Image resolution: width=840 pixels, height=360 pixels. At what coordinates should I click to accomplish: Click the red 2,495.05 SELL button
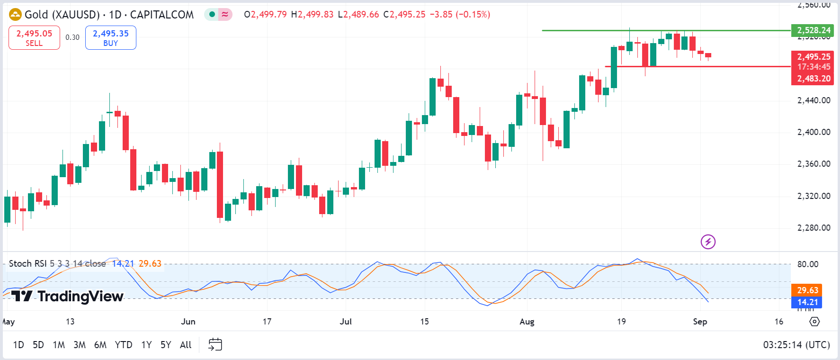point(34,37)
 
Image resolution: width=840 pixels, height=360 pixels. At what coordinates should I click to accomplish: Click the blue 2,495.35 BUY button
point(110,37)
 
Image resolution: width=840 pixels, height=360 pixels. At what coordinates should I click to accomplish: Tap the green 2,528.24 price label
point(813,30)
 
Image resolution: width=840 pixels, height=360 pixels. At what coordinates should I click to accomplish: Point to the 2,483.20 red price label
point(813,79)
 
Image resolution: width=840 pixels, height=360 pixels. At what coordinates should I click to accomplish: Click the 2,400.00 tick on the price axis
point(813,132)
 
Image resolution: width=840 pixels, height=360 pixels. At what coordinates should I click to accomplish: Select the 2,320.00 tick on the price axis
point(813,196)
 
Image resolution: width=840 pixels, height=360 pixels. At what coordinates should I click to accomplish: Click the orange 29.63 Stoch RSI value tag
point(807,290)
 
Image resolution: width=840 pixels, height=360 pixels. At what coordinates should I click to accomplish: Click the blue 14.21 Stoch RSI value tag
point(807,302)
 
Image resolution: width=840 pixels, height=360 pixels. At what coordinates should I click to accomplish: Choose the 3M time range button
point(79,345)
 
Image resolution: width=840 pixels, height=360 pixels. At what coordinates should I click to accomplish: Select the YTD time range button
point(123,345)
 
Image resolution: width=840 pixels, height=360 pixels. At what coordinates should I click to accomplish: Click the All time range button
point(186,345)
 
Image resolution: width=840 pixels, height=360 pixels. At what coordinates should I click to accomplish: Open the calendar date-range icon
point(215,344)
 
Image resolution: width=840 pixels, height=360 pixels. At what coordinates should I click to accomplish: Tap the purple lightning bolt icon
point(708,242)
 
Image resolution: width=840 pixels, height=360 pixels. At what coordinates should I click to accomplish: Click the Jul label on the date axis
point(346,322)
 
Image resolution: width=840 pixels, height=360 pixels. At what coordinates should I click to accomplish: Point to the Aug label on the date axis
point(527,322)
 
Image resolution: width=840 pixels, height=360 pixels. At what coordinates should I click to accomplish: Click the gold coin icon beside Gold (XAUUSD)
point(15,15)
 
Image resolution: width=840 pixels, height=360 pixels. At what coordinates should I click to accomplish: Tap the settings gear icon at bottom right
point(814,322)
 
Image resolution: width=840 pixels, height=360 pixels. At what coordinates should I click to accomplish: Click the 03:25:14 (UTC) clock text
point(796,345)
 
